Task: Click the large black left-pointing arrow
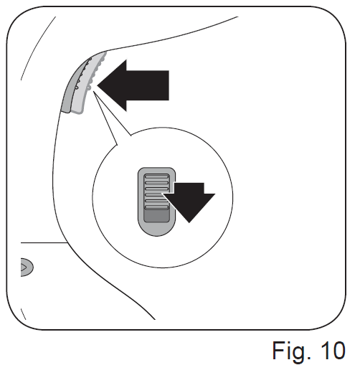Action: pos(133,85)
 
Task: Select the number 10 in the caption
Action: pos(333,350)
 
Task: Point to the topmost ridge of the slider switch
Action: pos(156,177)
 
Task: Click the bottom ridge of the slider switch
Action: pos(156,207)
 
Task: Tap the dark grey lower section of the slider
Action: pos(156,216)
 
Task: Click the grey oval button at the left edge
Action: pos(27,267)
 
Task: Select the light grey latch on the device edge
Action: pos(88,84)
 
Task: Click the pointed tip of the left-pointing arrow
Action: pos(98,85)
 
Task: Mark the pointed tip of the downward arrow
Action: pos(189,223)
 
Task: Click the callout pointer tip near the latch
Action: pos(94,92)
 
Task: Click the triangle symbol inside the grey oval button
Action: pos(24,267)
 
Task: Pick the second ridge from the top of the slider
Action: pos(156,183)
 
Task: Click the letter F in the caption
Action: pos(279,350)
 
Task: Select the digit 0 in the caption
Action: pos(338,350)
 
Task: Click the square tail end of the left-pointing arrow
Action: pos(169,85)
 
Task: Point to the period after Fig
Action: pos(309,358)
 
